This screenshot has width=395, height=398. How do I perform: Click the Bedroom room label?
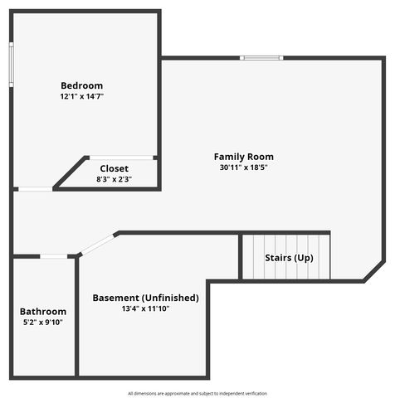81,85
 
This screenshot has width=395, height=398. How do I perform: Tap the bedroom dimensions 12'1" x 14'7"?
81,97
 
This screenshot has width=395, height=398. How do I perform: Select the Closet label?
114,168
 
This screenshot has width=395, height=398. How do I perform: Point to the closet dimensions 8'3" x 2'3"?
114,179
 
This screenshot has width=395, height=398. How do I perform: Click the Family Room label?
243,157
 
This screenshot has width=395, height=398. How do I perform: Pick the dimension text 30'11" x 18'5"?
243,167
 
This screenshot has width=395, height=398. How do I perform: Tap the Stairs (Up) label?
289,258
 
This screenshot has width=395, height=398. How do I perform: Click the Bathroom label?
43,312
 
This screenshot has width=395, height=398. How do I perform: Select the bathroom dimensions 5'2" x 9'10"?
43,323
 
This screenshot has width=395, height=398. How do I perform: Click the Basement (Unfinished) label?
145,298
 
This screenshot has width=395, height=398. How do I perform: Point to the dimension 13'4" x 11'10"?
145,308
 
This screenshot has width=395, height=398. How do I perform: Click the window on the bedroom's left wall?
12,65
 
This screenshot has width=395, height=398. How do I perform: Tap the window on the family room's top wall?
261,58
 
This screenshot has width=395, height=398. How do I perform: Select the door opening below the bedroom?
36,189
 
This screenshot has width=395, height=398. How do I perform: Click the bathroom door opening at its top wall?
55,256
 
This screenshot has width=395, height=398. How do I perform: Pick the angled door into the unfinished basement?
98,244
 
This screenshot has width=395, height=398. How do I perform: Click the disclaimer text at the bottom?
197,393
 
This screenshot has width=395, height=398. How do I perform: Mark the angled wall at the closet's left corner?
71,172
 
